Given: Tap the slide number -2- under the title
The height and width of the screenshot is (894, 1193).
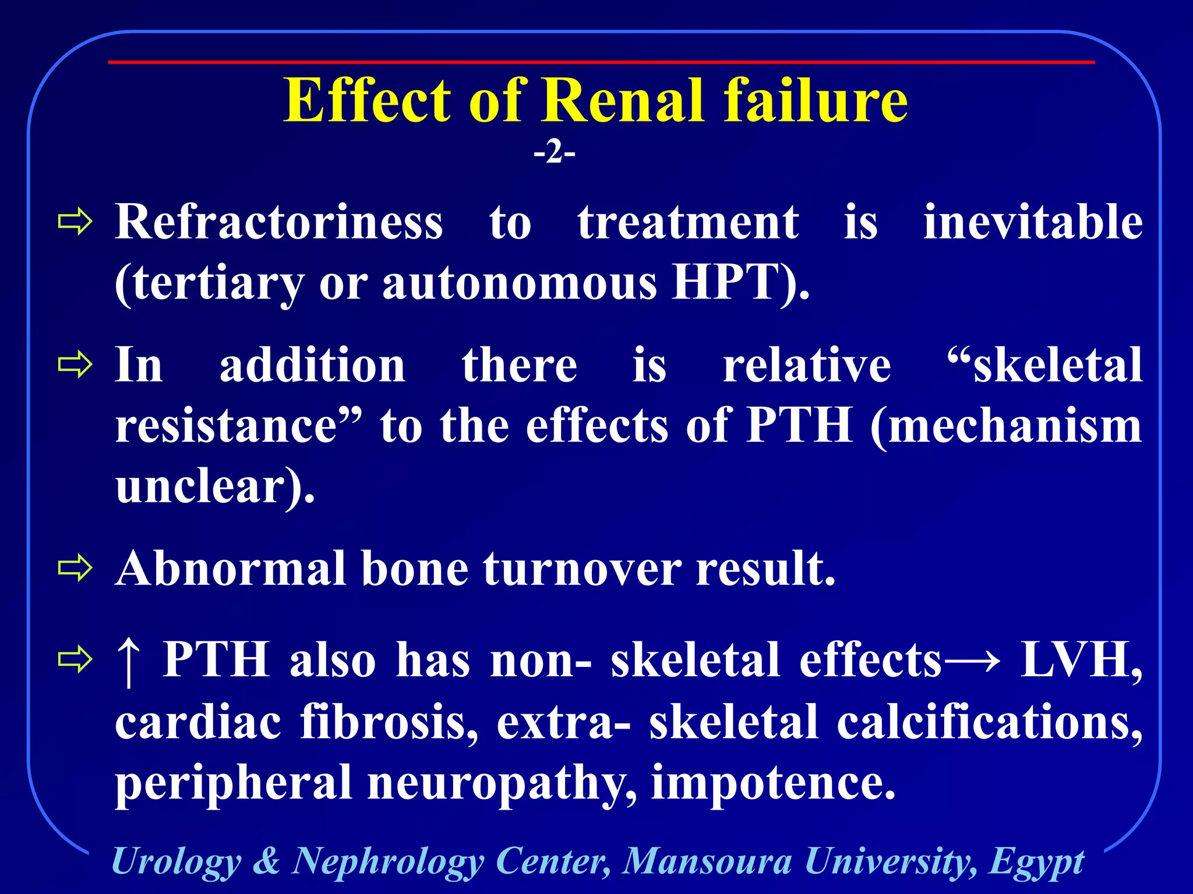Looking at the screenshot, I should pyautogui.click(x=554, y=153).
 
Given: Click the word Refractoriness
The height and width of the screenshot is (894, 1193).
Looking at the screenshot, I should pyautogui.click(x=279, y=222).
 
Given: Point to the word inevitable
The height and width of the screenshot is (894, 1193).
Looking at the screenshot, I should pyautogui.click(x=1033, y=222).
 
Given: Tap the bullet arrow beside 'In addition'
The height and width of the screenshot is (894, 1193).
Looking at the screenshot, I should pyautogui.click(x=75, y=365).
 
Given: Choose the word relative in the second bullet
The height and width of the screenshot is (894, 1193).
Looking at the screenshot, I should pyautogui.click(x=807, y=366).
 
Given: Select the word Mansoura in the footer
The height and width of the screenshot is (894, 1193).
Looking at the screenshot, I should pyautogui.click(x=707, y=861).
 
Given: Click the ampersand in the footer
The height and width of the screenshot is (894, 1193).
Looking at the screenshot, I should pyautogui.click(x=266, y=861).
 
